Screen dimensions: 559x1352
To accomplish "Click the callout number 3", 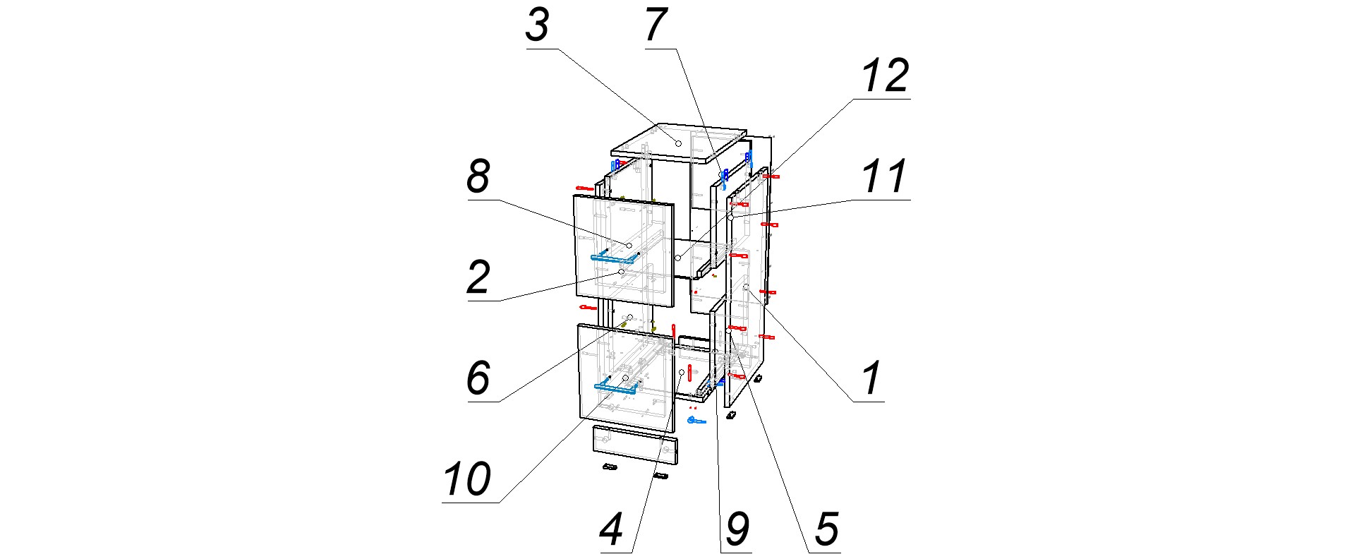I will [x=537, y=26].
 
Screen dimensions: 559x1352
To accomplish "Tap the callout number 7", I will [x=656, y=26].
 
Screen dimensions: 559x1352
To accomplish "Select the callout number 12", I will [x=885, y=76].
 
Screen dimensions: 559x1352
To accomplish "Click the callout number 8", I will [x=478, y=176].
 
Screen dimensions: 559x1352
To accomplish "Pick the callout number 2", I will [x=478, y=277].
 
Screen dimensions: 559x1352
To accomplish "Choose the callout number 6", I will [x=478, y=378].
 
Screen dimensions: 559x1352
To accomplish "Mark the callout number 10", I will [x=466, y=479].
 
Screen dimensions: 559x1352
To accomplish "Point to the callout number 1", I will [x=871, y=378].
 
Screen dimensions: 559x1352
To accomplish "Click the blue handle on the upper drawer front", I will [x=612, y=259].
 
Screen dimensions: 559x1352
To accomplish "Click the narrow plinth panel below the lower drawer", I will [x=634, y=444].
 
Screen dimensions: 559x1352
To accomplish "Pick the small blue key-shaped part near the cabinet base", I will [x=696, y=421].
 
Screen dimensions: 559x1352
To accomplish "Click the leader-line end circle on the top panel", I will [x=679, y=143].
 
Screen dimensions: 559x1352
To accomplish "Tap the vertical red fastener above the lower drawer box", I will [x=674, y=330].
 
